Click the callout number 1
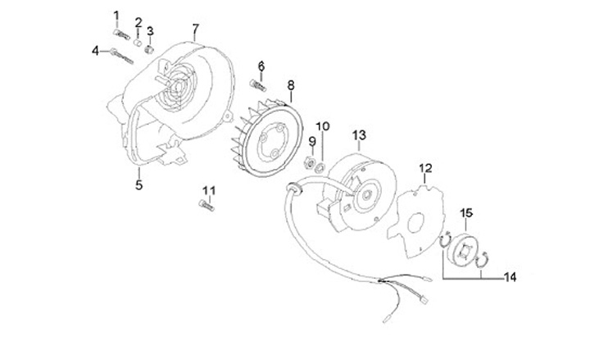(x=116, y=15)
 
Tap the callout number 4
(x=96, y=51)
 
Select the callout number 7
(x=196, y=29)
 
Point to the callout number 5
(x=138, y=185)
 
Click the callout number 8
(x=290, y=84)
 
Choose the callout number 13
(x=358, y=134)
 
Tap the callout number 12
(x=425, y=169)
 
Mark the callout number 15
(x=466, y=213)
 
